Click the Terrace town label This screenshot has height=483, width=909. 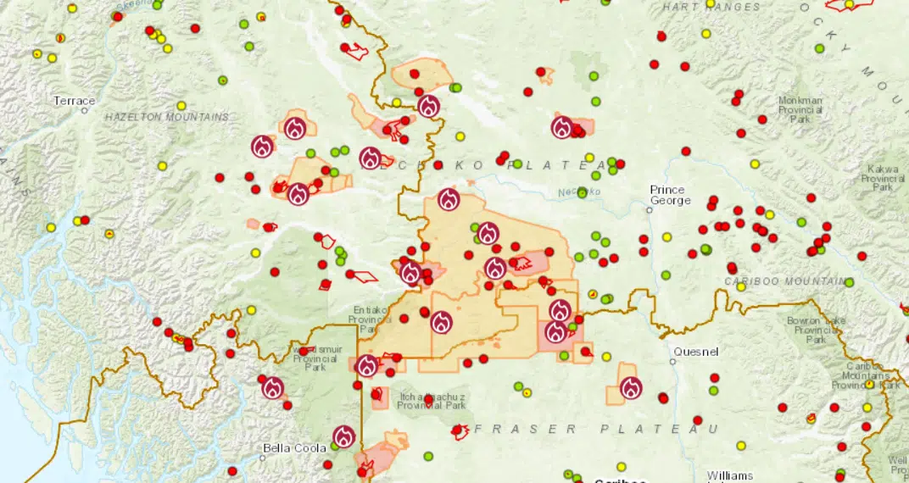[75, 101]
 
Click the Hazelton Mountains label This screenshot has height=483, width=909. [167, 117]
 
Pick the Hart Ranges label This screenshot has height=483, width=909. [711, 8]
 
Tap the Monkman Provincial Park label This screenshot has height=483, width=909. [800, 109]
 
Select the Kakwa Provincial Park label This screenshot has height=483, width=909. [883, 179]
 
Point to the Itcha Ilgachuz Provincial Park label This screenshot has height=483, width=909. [432, 401]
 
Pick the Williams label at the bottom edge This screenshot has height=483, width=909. [729, 475]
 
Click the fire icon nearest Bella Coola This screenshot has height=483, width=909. [343, 436]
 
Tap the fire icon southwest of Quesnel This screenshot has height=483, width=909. [631, 388]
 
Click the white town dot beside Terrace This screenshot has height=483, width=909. [85, 110]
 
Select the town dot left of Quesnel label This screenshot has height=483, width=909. [672, 361]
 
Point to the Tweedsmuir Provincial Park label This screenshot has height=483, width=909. [310, 358]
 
